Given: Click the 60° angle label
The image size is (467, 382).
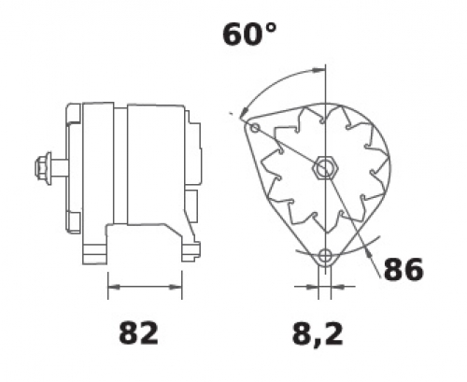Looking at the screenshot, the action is tap(249, 35).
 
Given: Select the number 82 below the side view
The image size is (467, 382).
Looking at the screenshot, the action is tap(139, 333).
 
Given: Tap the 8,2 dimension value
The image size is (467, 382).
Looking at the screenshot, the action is tap(318, 335).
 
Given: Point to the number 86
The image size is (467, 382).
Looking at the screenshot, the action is tap(403, 269).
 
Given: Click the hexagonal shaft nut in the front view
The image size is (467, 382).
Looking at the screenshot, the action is tap(325, 168).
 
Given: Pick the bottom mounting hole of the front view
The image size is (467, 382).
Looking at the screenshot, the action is tap(325, 256).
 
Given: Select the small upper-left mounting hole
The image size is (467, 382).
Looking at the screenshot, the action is tap(255, 127).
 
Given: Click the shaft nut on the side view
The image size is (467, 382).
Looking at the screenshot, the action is tap(43, 169).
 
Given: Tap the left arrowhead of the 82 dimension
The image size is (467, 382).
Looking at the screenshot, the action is tap(114, 288).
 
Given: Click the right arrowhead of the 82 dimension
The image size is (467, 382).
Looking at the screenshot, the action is tap(176, 288).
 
